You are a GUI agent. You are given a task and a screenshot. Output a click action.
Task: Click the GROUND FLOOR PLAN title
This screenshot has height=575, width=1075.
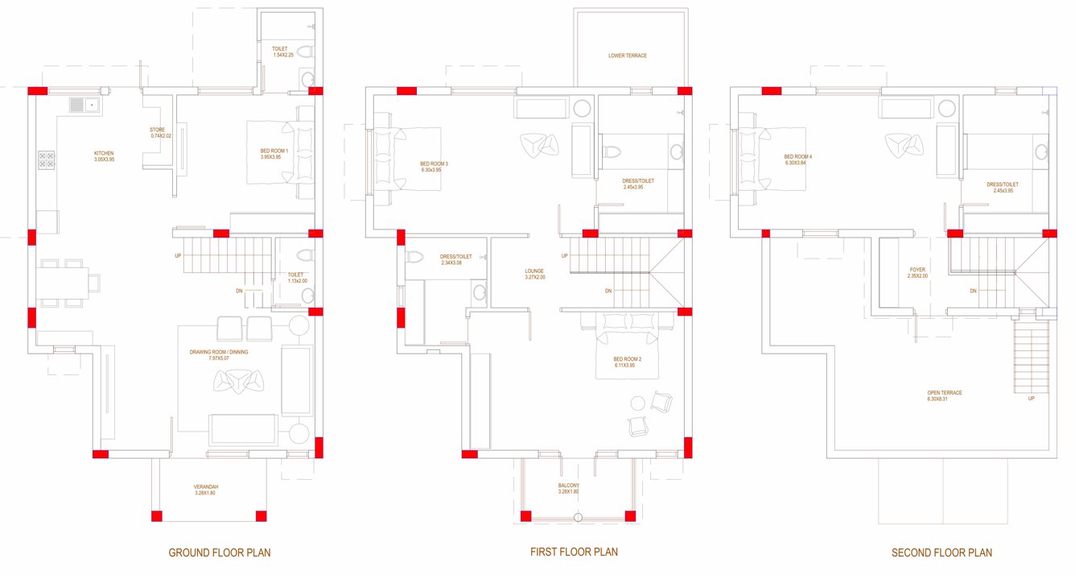[219, 552]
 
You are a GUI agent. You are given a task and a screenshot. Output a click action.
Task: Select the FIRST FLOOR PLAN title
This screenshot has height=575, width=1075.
[574, 552]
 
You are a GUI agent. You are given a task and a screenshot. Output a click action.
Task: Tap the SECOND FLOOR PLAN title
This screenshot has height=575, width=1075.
[941, 552]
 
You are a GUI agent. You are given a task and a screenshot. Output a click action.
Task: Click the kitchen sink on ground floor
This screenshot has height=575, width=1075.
[82, 105]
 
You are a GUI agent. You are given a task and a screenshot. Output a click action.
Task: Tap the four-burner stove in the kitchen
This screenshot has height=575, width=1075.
[47, 160]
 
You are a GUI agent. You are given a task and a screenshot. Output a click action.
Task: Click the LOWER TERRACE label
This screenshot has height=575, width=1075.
[628, 56]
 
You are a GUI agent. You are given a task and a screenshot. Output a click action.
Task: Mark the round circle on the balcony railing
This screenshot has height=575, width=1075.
[577, 517]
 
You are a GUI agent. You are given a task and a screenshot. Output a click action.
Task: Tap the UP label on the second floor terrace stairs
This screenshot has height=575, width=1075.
[1032, 397]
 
